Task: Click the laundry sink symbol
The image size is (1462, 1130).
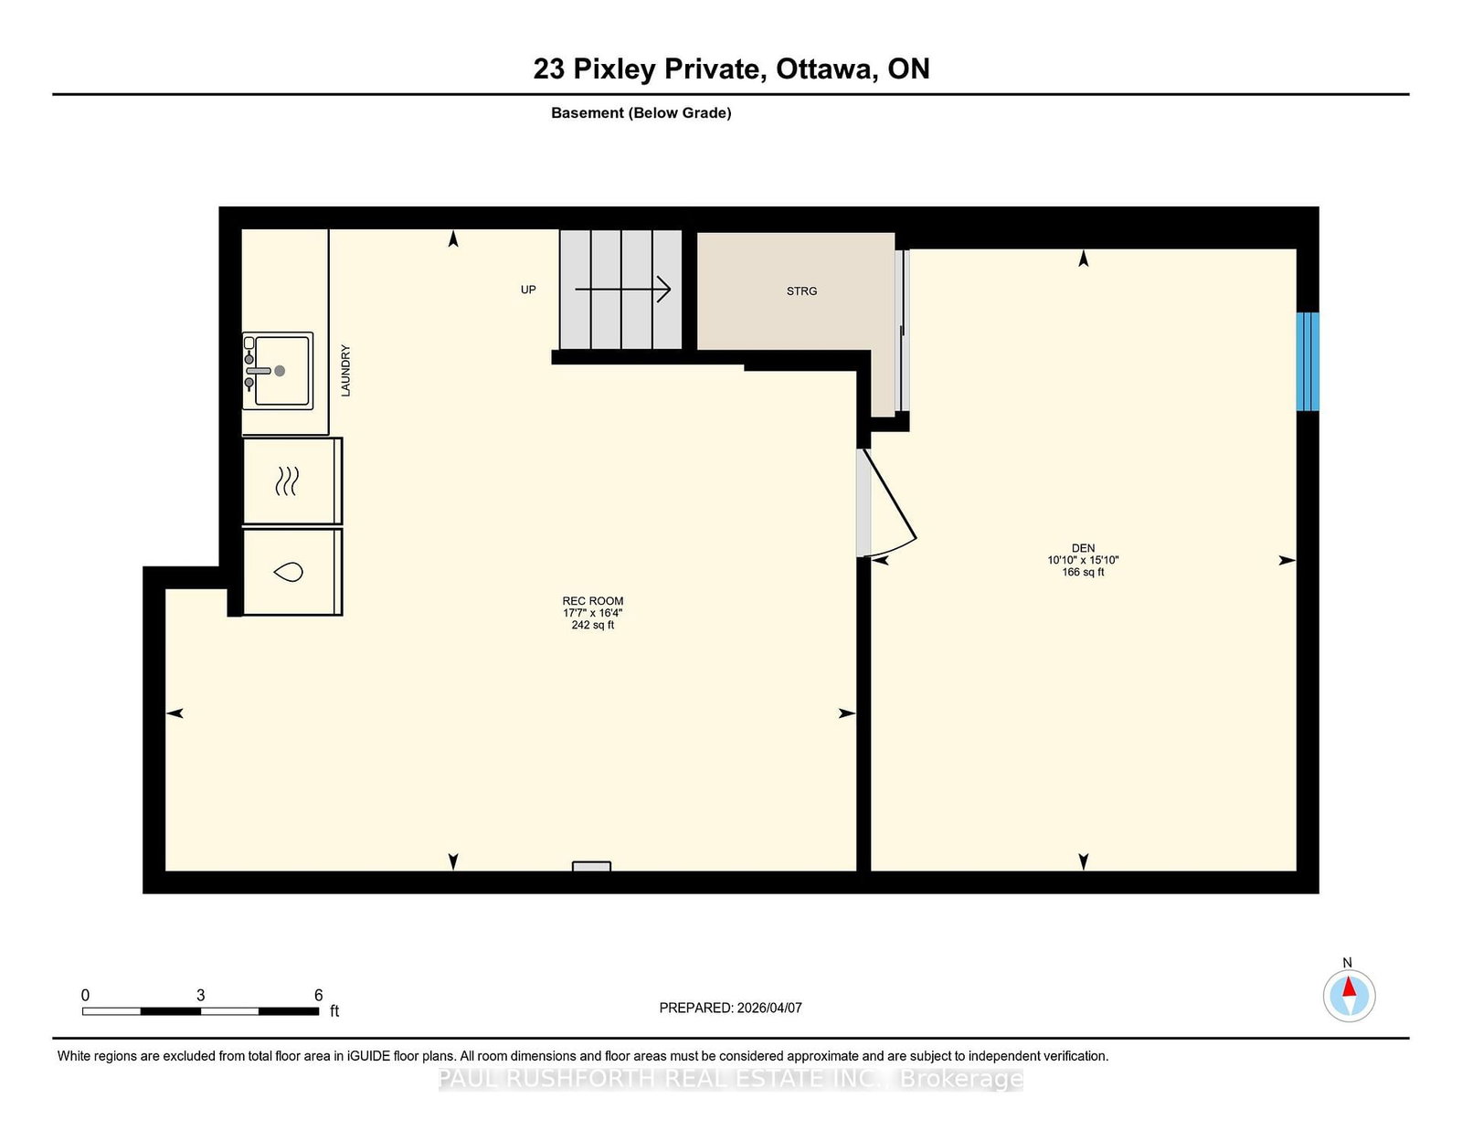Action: tap(278, 371)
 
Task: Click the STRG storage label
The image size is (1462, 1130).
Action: tap(801, 291)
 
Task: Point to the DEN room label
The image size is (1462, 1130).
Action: tap(1083, 548)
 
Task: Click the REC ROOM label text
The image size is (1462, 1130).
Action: tap(593, 601)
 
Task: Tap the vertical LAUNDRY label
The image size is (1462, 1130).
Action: tap(345, 371)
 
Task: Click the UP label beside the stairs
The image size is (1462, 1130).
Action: tap(528, 290)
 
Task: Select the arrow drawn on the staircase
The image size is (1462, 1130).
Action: tap(623, 290)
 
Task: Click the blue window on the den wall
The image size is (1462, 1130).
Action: tap(1308, 362)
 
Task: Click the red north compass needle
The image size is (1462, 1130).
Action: tap(1349, 987)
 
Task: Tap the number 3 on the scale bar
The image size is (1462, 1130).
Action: tap(200, 996)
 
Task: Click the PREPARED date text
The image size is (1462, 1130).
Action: tap(731, 1008)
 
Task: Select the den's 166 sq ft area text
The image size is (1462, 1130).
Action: tap(1083, 573)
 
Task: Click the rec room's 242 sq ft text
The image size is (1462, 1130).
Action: tap(593, 626)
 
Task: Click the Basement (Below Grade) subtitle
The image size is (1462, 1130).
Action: tap(641, 113)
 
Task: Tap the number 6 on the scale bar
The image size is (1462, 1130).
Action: tap(318, 996)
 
